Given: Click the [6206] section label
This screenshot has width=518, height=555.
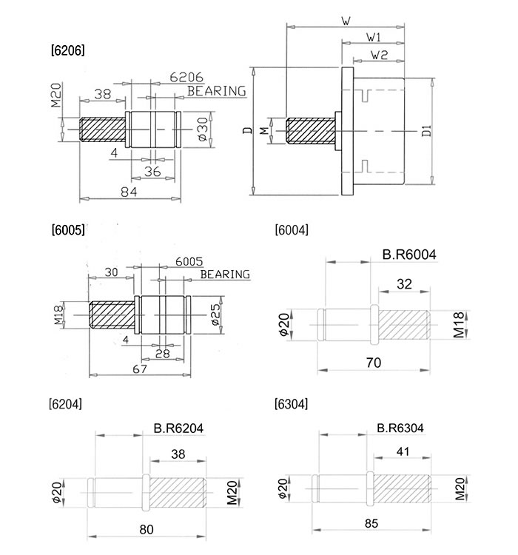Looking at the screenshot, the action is (68, 50).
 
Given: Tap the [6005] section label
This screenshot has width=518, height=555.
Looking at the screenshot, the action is (68, 230).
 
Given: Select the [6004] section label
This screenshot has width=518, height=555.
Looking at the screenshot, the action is (292, 230).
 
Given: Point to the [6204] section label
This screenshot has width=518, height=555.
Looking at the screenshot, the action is (66, 403).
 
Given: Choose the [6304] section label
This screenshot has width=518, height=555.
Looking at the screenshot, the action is (291, 403).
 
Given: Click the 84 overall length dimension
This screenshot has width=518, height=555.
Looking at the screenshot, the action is (129, 192).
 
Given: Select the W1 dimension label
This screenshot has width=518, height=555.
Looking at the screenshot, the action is (373, 37).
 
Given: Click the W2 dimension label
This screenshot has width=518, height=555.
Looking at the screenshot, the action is (379, 55).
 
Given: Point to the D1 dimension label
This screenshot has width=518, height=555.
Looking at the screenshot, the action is (427, 130).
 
